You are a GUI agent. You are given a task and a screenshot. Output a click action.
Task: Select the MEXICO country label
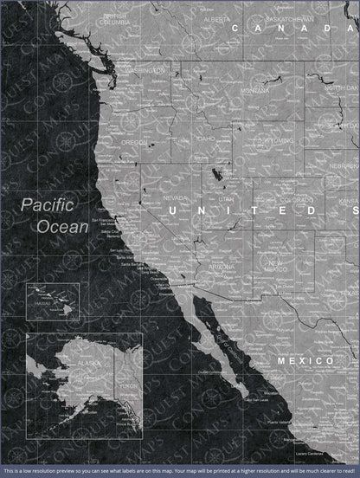[x=305, y=359]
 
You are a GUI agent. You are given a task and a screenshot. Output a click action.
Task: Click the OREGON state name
[x=134, y=142]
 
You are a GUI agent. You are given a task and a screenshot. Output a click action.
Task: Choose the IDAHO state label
[x=205, y=139]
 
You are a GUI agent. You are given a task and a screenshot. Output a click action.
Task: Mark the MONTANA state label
[x=255, y=90]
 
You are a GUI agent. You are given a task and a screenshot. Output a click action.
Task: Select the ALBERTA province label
[x=216, y=18]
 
